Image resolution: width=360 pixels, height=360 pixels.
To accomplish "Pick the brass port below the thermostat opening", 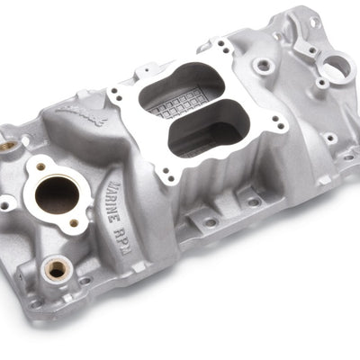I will (x=57, y=267).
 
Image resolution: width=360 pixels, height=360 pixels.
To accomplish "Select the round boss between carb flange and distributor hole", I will (x=263, y=65).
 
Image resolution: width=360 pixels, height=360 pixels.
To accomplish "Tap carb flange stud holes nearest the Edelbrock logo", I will (x=114, y=89).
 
